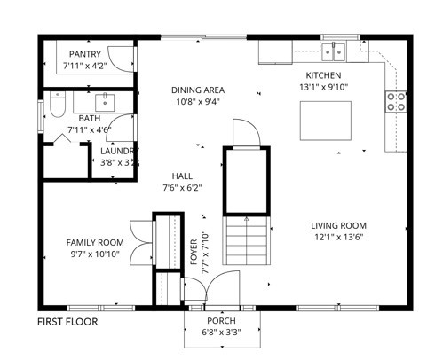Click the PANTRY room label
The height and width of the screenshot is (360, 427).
click(x=85, y=54)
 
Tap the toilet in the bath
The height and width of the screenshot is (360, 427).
click(x=58, y=104)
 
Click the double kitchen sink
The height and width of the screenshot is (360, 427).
click(x=334, y=51)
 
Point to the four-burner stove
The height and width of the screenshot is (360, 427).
click(x=396, y=101)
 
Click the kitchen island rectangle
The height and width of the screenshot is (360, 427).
click(x=326, y=121)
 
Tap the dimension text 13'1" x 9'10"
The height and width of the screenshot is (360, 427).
click(x=323, y=87)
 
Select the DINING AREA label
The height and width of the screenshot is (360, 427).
click(x=198, y=90)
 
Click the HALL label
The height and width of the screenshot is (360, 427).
click(x=182, y=176)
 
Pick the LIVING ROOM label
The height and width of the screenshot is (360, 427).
click(x=338, y=226)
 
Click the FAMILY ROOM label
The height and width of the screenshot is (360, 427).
click(x=95, y=243)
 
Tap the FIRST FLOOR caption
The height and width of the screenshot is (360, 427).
click(x=67, y=322)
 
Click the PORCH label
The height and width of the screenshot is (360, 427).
click(x=221, y=321)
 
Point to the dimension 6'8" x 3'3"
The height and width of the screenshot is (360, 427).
click(x=221, y=333)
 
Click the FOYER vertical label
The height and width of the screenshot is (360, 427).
click(x=194, y=252)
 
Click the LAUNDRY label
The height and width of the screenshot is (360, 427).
click(x=119, y=151)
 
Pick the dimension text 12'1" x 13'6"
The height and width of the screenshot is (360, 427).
click(x=339, y=238)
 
